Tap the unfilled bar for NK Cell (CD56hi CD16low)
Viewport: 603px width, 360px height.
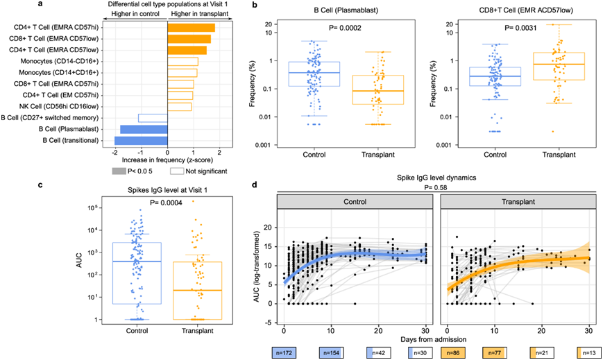(x=179, y=106)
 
